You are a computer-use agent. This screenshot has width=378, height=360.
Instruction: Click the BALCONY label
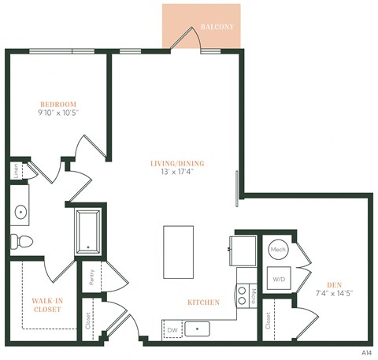click(x=217, y=28)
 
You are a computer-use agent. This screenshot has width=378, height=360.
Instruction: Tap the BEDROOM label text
click(x=59, y=104)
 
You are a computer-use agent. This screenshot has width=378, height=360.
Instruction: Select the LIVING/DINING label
click(x=177, y=164)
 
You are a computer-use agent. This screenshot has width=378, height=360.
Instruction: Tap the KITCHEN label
click(x=202, y=302)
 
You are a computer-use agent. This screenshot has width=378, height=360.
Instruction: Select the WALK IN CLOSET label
click(x=48, y=306)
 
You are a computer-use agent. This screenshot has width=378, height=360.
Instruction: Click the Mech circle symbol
click(x=278, y=250)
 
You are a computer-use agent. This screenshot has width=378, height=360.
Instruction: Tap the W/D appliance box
click(x=279, y=279)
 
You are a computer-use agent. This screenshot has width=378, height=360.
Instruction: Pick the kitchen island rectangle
click(x=178, y=250)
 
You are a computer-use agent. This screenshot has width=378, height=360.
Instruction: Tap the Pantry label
click(x=91, y=276)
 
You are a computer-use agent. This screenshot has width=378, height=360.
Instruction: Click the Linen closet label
click(x=17, y=171)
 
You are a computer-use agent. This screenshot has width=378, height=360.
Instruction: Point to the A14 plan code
click(x=365, y=353)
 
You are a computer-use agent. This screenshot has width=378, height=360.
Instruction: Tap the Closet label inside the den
click(x=269, y=320)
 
